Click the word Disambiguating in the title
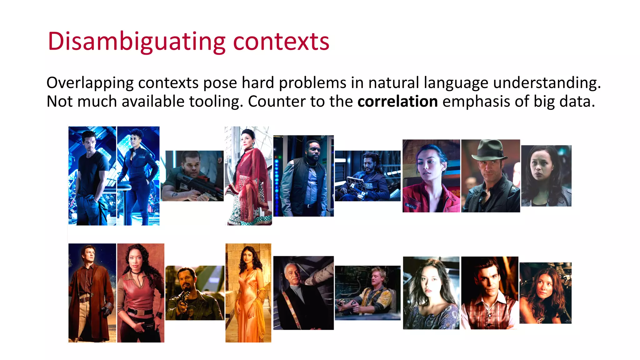tap(136, 42)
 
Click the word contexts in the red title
tap(281, 42)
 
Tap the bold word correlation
tap(397, 102)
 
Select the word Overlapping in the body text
tap(90, 83)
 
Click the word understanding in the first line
tap(547, 83)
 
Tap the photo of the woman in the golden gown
tap(248, 293)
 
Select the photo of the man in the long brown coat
tap(92, 293)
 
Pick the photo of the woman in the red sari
tap(248, 176)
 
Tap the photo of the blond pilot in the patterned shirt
tap(367, 293)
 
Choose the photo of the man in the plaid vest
tap(489, 293)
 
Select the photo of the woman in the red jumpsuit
tap(431, 176)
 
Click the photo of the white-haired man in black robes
tap(303, 293)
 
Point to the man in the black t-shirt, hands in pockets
tap(92, 176)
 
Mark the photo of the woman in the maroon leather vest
tap(141, 293)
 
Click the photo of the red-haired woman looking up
tap(545, 293)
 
